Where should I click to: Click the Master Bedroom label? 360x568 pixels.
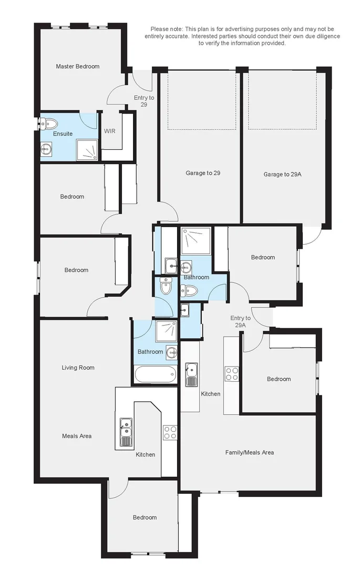(77, 66)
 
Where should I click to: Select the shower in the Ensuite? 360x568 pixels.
(87, 150)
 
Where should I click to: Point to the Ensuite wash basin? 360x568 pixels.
(46, 148)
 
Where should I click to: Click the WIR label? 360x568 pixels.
(110, 131)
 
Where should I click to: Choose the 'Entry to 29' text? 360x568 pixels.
(144, 100)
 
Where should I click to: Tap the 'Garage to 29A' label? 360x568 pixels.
(282, 174)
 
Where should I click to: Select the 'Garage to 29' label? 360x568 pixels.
(203, 173)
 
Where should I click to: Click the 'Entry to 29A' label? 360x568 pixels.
(240, 321)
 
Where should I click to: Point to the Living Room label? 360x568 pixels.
(78, 368)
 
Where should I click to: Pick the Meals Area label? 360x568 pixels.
(77, 436)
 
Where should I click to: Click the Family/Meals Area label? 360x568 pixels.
(249, 452)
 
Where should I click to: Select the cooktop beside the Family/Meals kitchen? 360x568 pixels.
(232, 374)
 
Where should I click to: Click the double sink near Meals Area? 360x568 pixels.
(126, 432)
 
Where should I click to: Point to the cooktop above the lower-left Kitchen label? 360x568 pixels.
(170, 432)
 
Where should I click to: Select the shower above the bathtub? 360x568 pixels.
(166, 331)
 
